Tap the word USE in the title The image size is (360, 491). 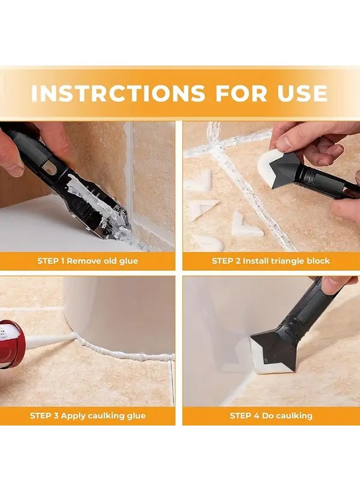[300, 93]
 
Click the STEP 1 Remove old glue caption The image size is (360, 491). [87, 261]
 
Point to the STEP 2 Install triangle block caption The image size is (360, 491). [271, 261]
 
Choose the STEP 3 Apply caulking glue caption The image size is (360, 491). [87, 416]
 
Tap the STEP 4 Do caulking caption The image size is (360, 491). [271, 416]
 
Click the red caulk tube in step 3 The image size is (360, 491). [10, 345]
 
